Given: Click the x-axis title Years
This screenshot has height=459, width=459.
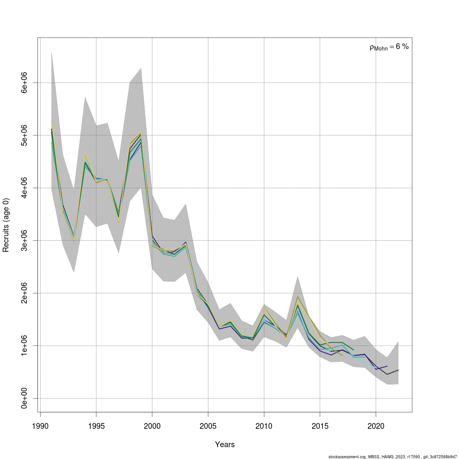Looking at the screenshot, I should tap(225, 444).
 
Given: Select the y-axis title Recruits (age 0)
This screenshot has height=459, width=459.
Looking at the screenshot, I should tap(6, 225).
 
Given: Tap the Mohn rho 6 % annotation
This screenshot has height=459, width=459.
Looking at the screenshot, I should tap(389, 47).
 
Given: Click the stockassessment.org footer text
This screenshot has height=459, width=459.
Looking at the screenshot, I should tap(393, 456).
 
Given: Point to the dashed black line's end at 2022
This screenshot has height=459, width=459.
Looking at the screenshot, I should tap(398, 370).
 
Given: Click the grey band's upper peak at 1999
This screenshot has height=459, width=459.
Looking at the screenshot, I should tap(141, 68).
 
